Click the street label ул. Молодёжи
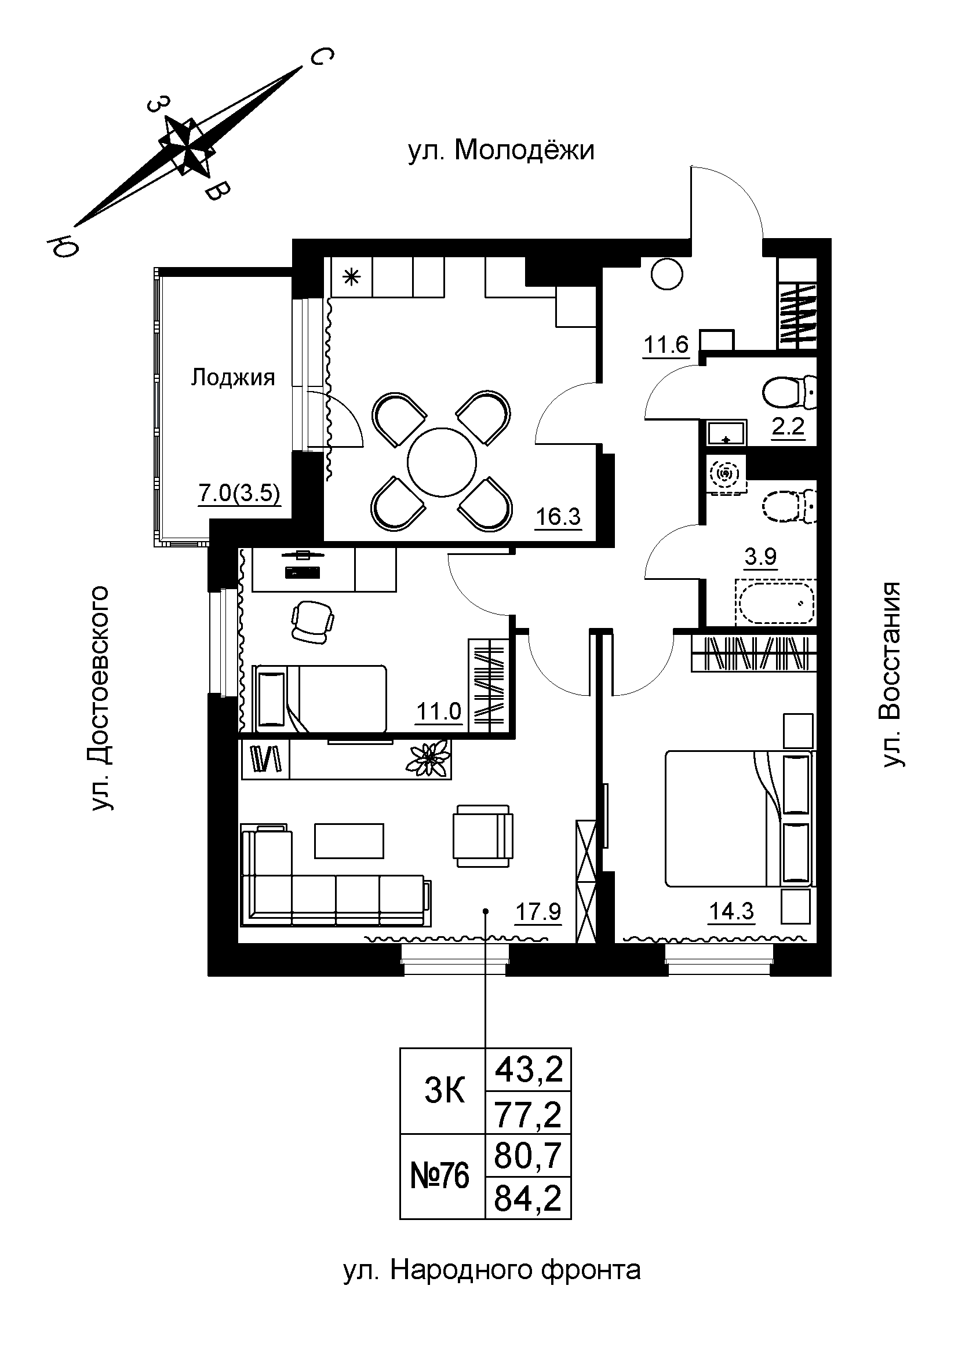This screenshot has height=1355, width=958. (x=501, y=151)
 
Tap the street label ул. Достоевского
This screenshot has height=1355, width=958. (x=100, y=697)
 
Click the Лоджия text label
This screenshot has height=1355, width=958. (x=233, y=378)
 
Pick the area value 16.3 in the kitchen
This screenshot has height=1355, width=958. (x=558, y=517)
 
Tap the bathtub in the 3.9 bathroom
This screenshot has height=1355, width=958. (x=775, y=601)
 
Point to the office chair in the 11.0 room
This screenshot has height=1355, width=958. (x=313, y=622)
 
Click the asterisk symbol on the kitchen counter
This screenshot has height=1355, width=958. (x=351, y=277)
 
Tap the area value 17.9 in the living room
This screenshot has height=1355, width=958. (x=538, y=912)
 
